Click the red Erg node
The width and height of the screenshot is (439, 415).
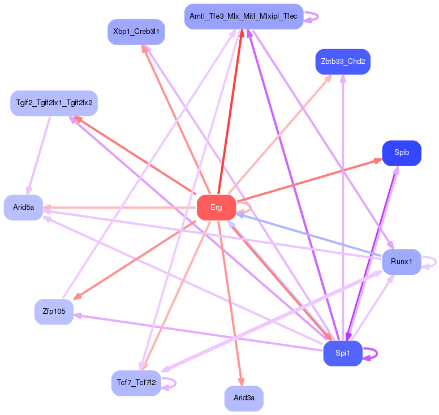216,207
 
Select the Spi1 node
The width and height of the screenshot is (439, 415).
343,353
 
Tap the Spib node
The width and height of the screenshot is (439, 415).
402,153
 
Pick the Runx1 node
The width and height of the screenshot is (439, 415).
402,261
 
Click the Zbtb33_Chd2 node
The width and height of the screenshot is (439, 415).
343,61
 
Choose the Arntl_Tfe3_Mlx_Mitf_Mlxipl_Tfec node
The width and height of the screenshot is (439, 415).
244,16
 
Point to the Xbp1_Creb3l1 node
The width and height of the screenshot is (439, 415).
136,32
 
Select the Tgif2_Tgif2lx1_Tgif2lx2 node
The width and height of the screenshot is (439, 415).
54,103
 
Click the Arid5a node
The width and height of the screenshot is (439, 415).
23,207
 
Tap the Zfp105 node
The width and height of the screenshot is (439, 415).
54,312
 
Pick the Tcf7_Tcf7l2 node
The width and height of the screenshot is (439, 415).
136,383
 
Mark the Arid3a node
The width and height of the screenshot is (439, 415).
244,399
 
